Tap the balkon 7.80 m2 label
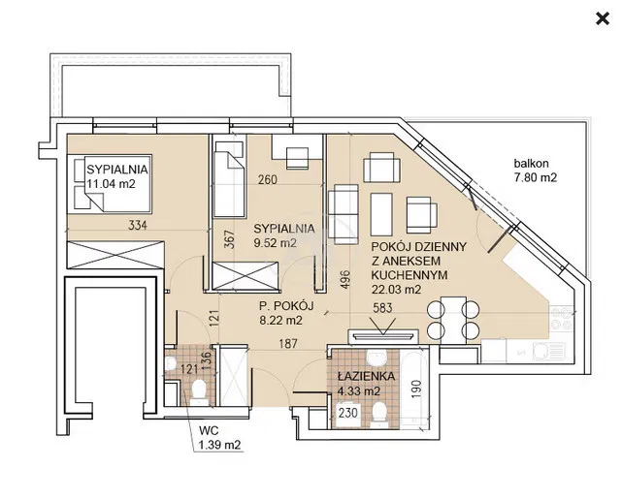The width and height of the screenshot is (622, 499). pos(535,171)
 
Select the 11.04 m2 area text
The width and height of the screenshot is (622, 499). pos(111,184)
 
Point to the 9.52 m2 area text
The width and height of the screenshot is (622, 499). pos(275,243)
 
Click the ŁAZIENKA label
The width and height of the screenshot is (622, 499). pos(366,376)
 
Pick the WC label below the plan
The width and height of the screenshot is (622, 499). pos(209,430)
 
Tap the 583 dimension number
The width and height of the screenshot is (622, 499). pos(382,308)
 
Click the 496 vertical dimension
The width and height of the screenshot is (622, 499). pos(345,279)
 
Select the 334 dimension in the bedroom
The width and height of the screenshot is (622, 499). pos(138,226)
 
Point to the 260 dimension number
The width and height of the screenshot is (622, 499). pos(268,180)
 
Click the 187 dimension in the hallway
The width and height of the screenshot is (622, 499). pos(287,343)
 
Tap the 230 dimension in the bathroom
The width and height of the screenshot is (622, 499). pos(348,413)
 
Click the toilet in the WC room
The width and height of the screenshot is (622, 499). pos(198,391)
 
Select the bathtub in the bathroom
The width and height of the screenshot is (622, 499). pos(413,389)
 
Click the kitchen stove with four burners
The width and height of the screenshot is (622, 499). pos(562,318)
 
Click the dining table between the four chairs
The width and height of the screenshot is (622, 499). pos(453,320)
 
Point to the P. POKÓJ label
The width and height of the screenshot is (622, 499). pos(286,306)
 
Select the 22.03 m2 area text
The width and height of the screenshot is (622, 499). pos(396,290)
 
